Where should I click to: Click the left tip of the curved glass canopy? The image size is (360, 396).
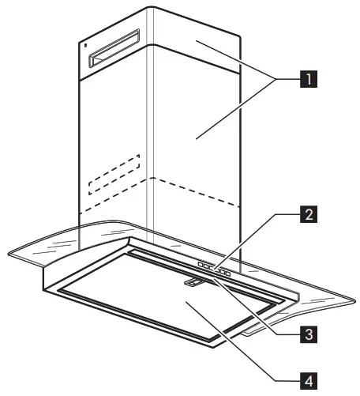pos(8,255)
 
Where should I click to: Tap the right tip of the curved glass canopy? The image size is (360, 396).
pos(354,298)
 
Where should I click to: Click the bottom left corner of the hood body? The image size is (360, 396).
pos(42,290)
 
